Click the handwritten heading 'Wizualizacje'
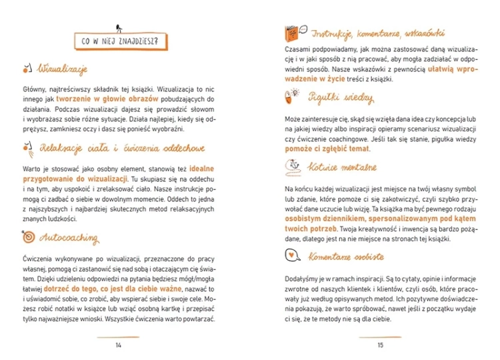(x=63, y=69)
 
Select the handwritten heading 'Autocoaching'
(x=70, y=237)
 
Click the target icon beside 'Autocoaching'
(x=28, y=237)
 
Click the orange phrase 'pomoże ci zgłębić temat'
(x=327, y=148)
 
